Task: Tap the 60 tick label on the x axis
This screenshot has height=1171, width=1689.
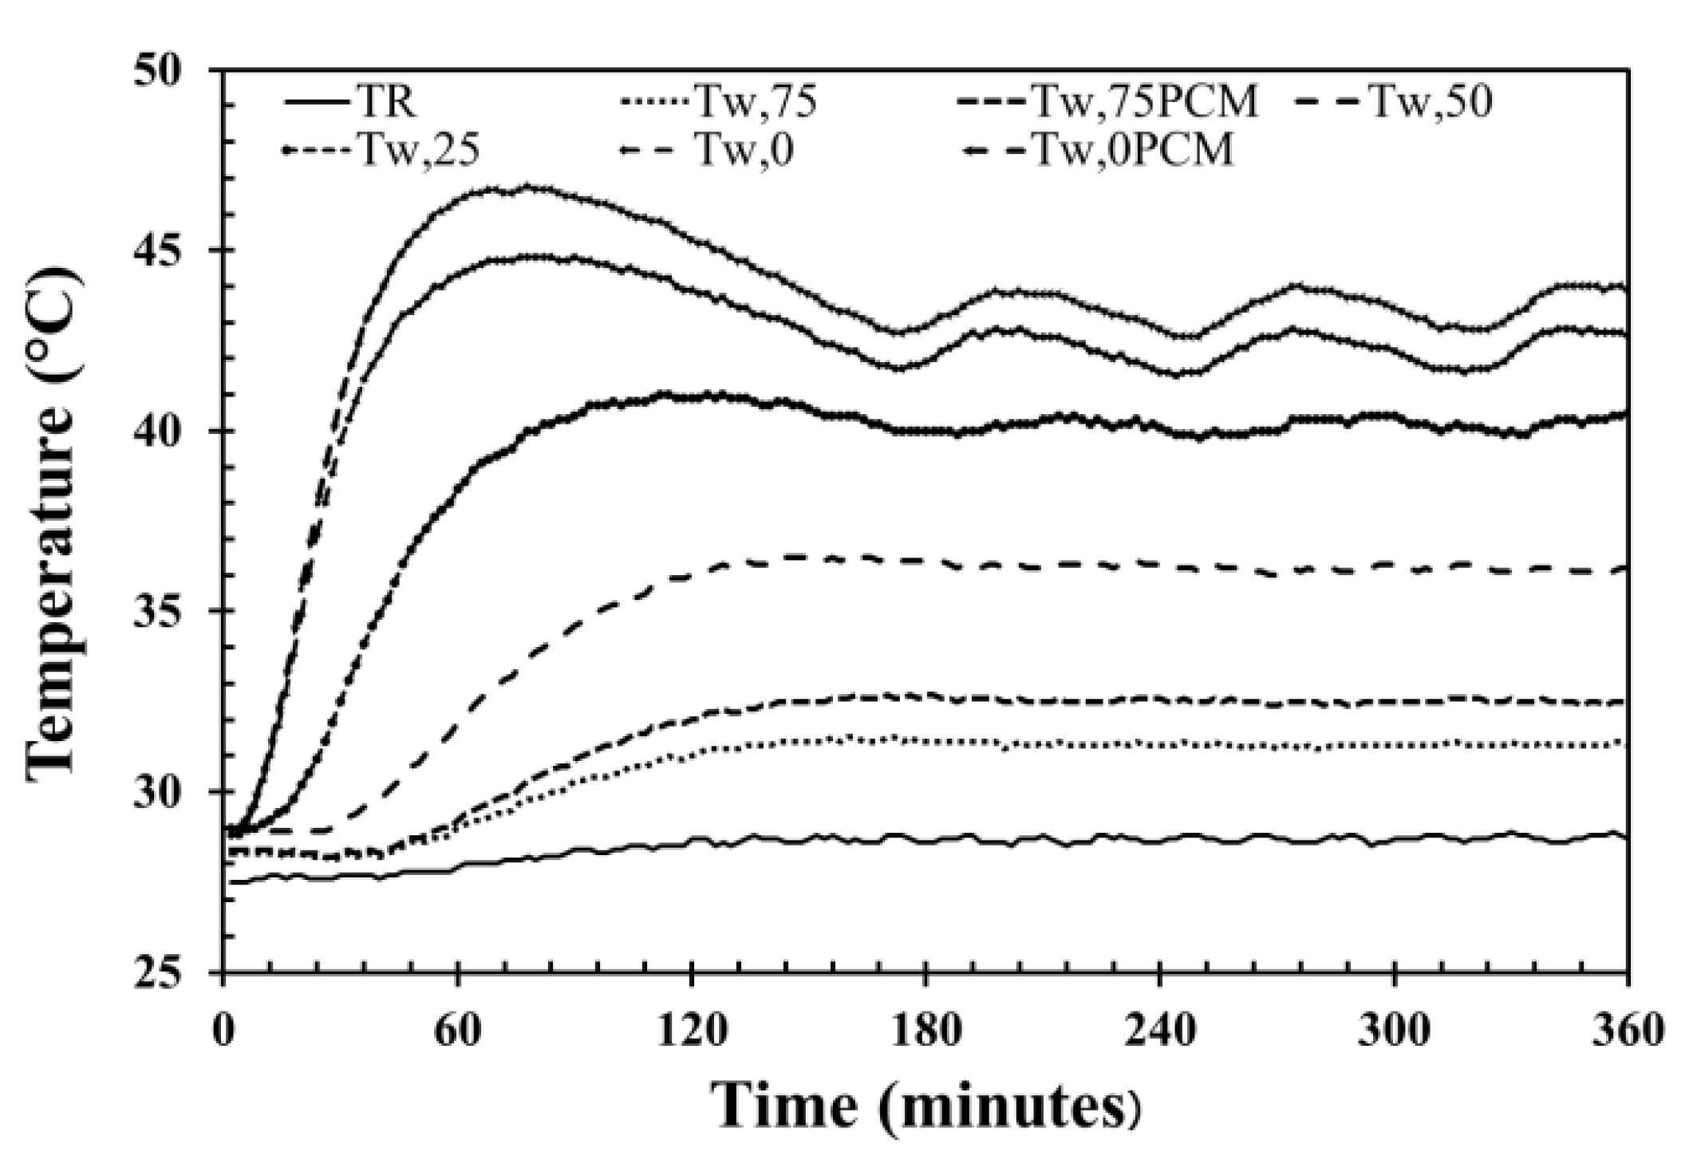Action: coord(458,1031)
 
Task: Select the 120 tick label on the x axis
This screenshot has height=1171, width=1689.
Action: coord(692,1031)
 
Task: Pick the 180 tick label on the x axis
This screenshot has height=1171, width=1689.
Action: coord(925,1031)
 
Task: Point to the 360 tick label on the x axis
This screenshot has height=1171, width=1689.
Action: coord(1628,1031)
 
